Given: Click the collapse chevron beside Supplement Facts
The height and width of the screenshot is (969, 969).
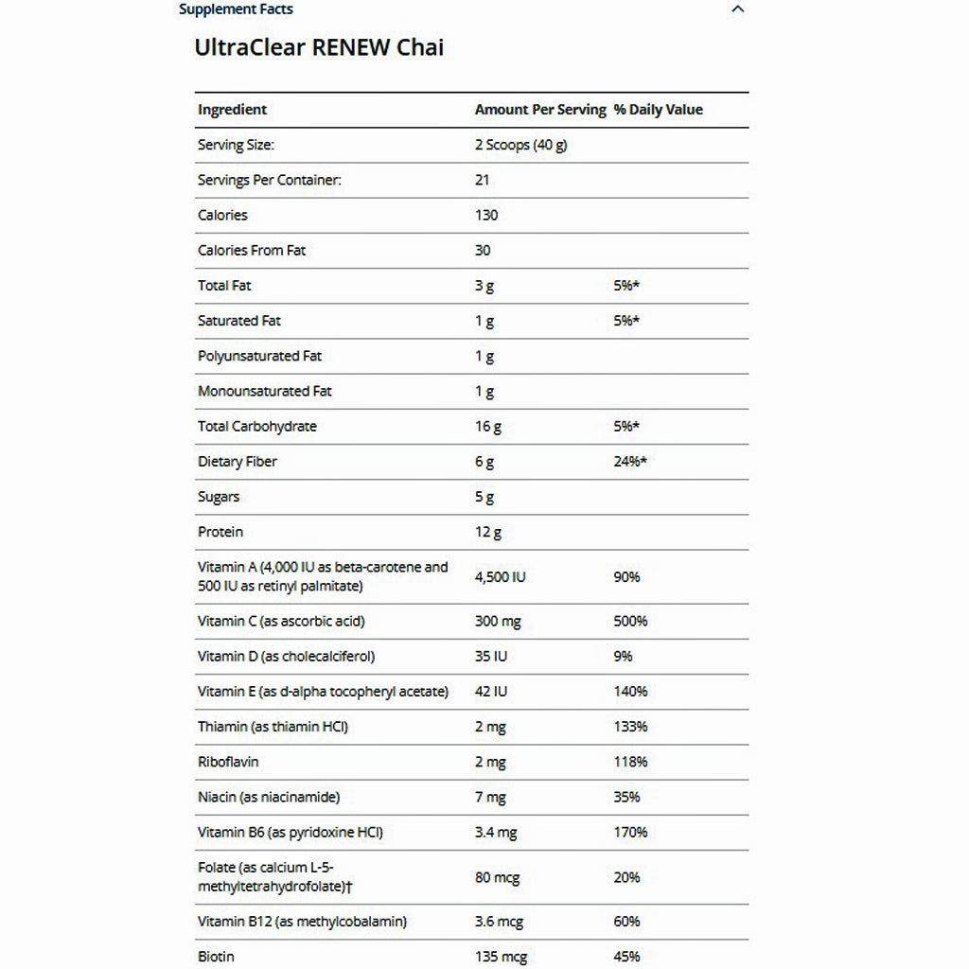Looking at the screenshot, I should point(738,9).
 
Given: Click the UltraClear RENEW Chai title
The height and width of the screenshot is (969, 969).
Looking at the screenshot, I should point(319,47).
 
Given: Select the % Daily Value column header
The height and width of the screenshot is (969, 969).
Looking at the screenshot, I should point(658,110).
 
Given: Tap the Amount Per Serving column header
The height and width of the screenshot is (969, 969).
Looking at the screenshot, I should point(540,110).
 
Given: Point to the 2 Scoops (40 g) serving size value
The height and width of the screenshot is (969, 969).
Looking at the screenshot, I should point(520,145).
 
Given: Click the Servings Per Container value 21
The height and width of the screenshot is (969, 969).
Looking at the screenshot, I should point(483,180).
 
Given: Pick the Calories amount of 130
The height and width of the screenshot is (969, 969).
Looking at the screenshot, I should point(486,215).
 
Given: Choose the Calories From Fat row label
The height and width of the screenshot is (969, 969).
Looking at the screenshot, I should point(252,250).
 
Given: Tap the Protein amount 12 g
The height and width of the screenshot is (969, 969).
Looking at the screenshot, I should point(488,532).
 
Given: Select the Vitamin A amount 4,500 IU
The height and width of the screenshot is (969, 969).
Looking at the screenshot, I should point(500,576).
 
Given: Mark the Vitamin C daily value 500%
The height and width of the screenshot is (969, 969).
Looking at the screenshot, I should point(630,621).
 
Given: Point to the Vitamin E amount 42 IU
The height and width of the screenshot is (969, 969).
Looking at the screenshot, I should point(491,691).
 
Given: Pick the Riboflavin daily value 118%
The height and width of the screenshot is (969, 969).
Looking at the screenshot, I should point(630,762).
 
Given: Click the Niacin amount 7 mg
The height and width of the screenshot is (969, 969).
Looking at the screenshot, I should point(490,797).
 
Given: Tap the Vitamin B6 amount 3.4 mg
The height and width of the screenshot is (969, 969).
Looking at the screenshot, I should point(496,832).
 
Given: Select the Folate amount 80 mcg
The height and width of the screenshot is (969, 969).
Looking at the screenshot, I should point(497,877).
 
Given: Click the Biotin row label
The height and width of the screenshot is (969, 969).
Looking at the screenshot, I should point(216,956).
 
